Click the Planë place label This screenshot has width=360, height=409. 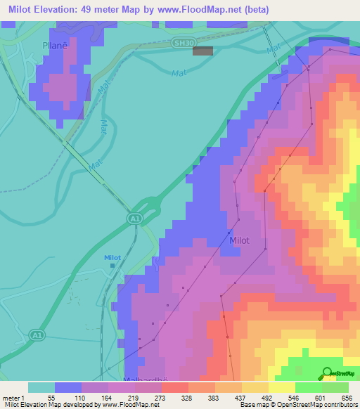[x=53, y=44]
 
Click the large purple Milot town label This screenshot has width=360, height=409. [x=240, y=240]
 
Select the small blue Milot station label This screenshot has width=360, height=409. [x=112, y=258]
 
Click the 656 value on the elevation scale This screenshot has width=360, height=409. [x=347, y=396]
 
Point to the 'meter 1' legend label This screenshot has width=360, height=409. [x=15, y=396]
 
